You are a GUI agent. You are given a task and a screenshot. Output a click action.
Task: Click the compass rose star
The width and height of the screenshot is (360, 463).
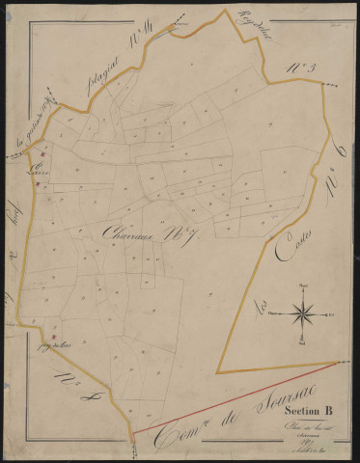pos(303,313)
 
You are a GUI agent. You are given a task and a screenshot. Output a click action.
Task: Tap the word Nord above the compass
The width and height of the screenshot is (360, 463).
pos(303,287)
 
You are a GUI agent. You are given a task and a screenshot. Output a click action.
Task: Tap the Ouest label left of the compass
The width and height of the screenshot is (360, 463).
pos(275,314)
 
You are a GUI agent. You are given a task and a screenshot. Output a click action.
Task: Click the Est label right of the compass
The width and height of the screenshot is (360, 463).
pos(330,314)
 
